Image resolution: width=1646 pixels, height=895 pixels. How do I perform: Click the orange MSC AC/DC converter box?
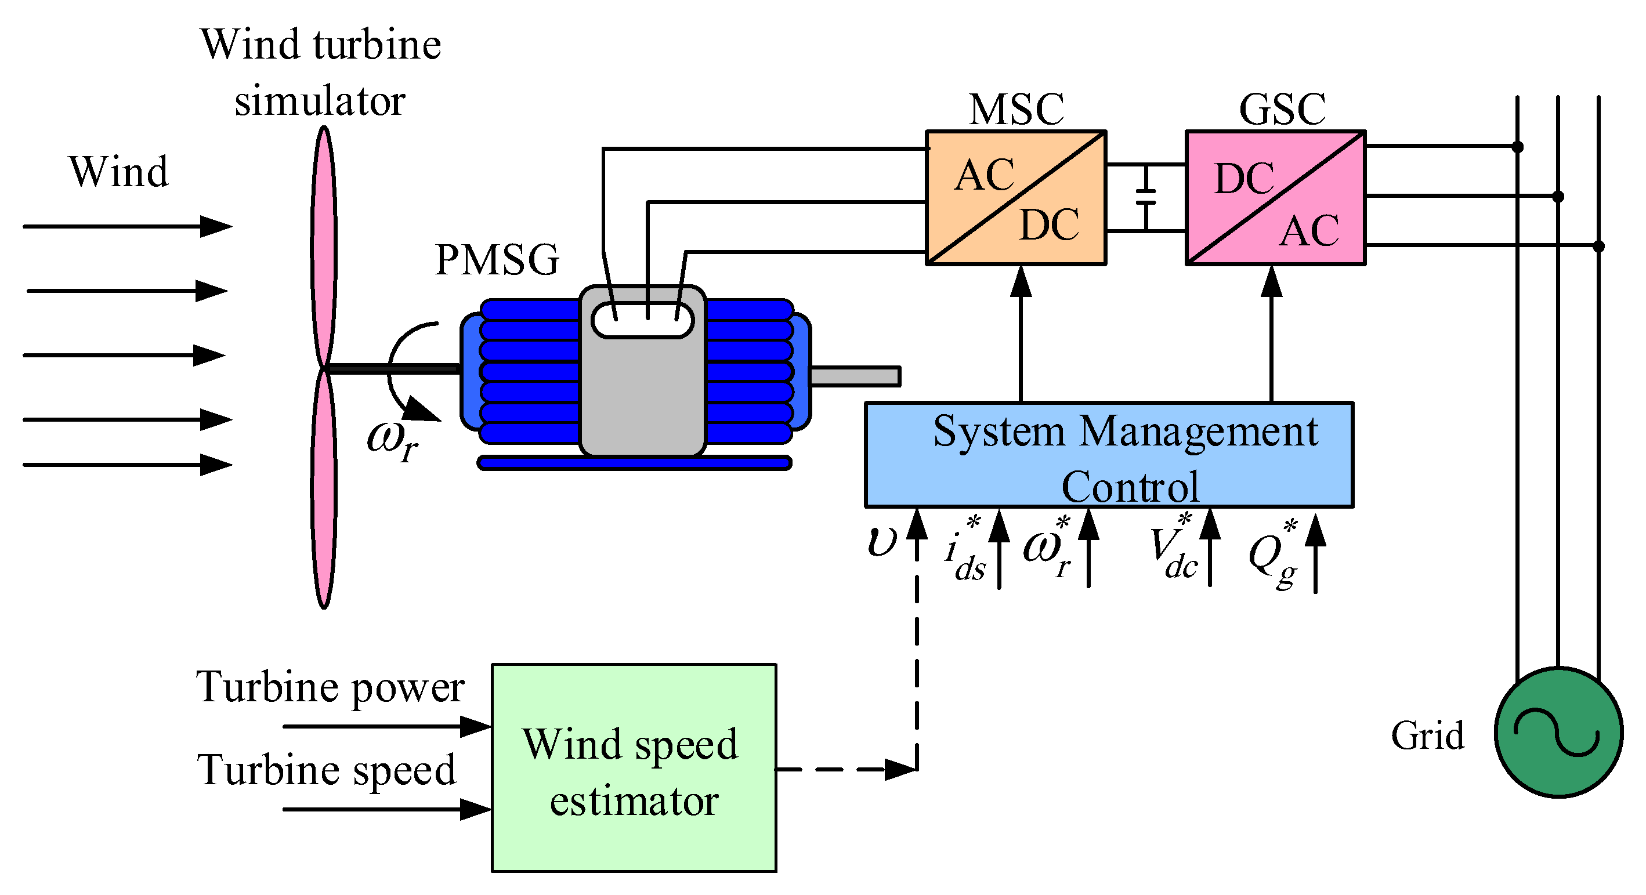pos(1015,198)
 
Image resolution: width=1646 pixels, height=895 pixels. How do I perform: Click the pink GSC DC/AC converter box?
pos(1275,198)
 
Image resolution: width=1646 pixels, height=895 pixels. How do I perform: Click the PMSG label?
pos(497,260)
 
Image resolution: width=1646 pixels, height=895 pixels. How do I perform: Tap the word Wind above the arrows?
pos(118,172)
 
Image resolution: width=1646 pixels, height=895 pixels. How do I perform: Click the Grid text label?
pos(1427,735)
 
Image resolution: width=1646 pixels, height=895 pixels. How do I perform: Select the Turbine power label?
pos(330,687)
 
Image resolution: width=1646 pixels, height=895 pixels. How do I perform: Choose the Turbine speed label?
pos(327,770)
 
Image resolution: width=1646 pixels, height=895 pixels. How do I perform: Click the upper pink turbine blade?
pos(324,246)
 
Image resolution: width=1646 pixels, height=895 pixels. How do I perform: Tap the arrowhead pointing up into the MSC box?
pos(1021,281)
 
